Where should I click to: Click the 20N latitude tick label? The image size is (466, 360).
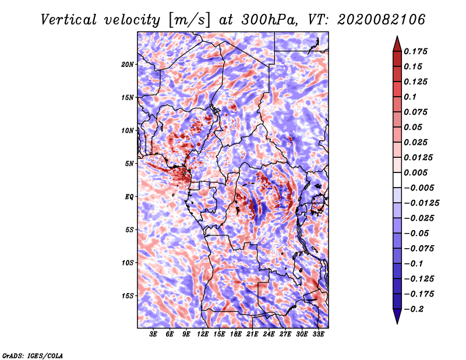click(x=128, y=64)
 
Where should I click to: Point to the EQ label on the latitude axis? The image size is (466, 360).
click(x=129, y=196)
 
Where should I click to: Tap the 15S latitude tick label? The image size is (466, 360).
click(x=128, y=296)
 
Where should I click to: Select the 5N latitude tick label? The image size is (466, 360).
click(x=129, y=164)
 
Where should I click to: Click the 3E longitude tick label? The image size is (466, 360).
click(x=153, y=334)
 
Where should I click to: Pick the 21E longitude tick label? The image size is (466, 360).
click(x=252, y=334)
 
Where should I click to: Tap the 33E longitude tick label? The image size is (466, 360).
click(x=318, y=334)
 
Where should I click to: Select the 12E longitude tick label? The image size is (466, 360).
click(x=203, y=334)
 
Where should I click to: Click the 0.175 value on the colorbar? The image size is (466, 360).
click(x=415, y=51)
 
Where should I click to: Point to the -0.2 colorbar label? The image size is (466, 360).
click(x=414, y=309)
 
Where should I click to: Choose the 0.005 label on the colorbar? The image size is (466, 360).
click(x=415, y=172)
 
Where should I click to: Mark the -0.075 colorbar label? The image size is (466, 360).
click(x=419, y=248)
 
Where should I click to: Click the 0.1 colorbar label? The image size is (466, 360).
click(x=410, y=97)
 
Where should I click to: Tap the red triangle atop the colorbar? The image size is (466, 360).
click(x=397, y=44)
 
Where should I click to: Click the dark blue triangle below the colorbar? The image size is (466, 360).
click(x=397, y=316)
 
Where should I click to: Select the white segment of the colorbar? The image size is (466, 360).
click(x=397, y=180)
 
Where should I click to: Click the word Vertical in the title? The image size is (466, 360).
click(x=69, y=20)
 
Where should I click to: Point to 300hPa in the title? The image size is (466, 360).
click(x=269, y=20)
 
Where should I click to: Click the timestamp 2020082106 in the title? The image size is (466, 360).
click(x=381, y=20)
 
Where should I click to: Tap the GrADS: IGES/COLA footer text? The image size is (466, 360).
click(x=33, y=356)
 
